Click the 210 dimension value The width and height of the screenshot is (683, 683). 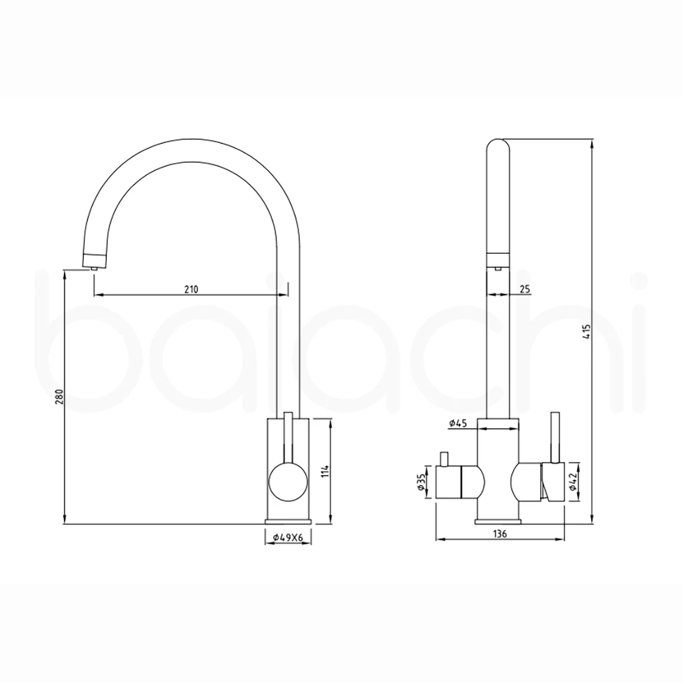coord(191,289)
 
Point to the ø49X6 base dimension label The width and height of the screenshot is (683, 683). coord(288,538)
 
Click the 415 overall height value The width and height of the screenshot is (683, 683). coord(587,332)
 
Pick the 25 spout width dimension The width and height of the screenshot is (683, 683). coord(525,288)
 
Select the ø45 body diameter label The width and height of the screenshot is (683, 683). coord(458,422)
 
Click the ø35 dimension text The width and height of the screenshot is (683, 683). coord(421,482)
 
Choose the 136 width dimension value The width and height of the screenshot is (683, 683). coord(500,533)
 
